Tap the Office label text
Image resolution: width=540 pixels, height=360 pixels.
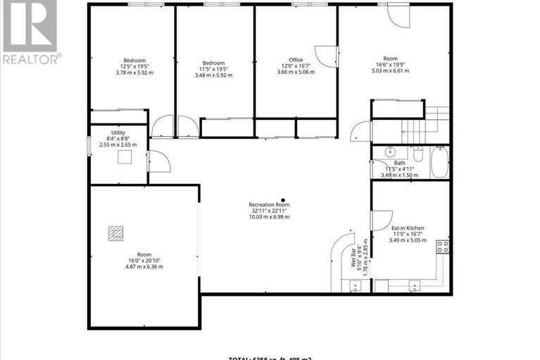tap(296, 60)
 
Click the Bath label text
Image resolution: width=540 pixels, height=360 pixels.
tap(380, 163)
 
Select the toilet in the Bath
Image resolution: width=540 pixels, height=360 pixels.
tap(417, 156)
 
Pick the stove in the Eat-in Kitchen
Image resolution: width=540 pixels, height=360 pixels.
tap(443, 246)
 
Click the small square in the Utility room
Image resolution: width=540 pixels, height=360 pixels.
tap(126, 157)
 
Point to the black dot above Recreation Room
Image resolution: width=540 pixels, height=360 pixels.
tap(283, 199)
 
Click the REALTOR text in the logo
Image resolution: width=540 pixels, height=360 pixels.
tap(30, 58)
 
